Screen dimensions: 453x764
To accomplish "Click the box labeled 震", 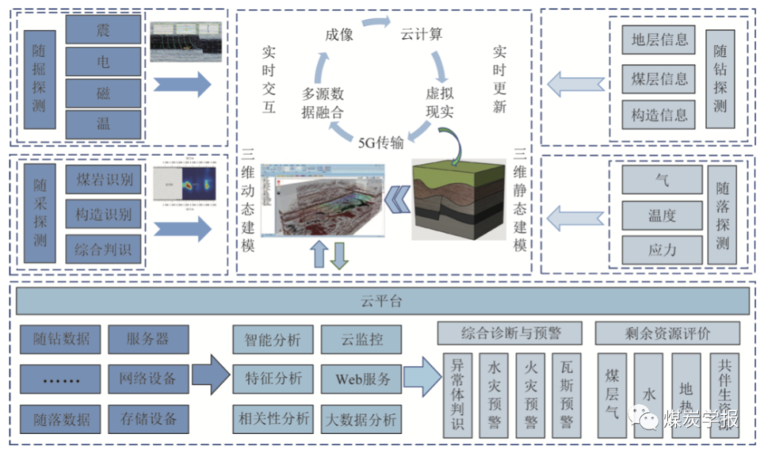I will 103,30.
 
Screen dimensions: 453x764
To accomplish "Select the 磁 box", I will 103,93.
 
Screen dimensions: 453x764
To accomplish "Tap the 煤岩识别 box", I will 103,180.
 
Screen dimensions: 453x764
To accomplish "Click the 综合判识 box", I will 103,250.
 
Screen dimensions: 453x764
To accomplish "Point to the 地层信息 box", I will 659,40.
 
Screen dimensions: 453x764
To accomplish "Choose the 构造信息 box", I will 659,115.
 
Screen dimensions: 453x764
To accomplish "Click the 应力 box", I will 662,250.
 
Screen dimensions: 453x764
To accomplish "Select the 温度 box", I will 662,215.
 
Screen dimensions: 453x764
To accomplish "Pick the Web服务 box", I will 361,378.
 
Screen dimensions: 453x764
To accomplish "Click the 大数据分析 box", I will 361,419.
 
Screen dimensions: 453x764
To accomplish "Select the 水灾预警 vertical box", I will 494,395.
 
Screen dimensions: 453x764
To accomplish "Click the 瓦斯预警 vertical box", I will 566,395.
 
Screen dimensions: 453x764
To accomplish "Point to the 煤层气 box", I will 613,395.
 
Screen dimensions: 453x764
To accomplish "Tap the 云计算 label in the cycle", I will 421,34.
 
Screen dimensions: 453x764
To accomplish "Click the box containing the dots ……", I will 60,378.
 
